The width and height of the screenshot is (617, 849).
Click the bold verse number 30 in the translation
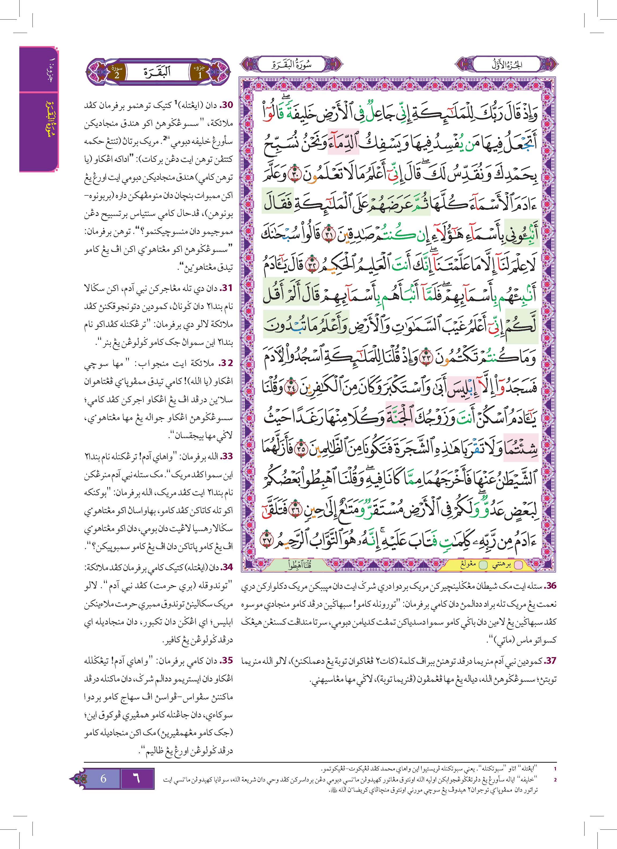tap(226, 106)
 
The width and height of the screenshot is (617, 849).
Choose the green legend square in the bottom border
tap(484, 565)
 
